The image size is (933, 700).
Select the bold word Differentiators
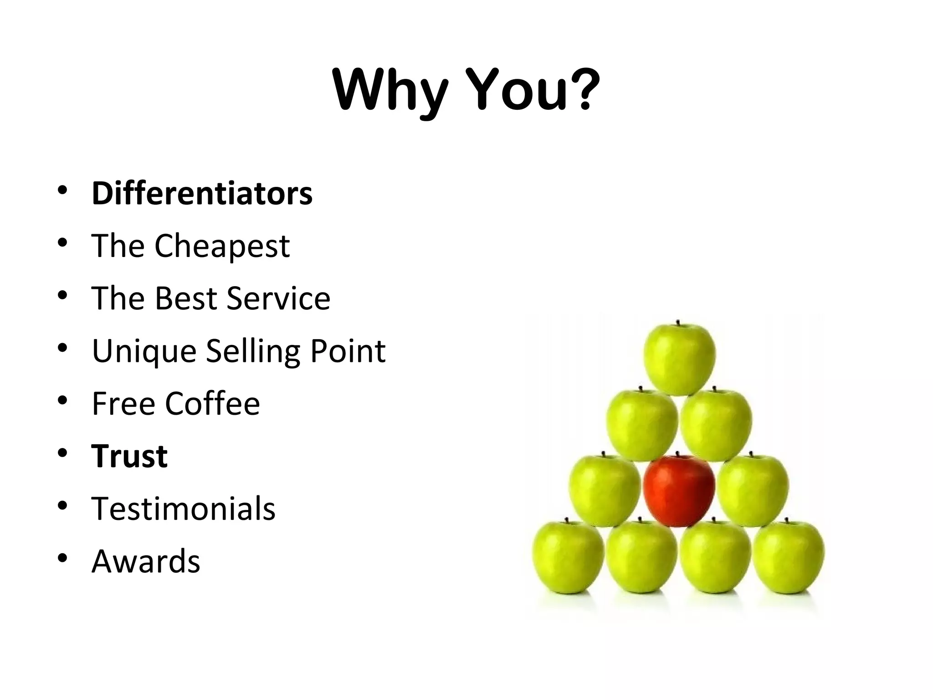202,193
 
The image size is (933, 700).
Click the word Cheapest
222,247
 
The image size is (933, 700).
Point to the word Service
278,299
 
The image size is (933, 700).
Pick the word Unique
144,351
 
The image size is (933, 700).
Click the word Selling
252,351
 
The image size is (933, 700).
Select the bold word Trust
129,456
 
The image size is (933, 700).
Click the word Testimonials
183,509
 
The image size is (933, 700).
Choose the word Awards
146,561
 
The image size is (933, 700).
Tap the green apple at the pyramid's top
679,359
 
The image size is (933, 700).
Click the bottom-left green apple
568,558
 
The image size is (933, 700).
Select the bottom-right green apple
788,558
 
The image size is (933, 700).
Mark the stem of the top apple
678,323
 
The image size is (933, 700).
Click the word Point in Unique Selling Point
348,351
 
